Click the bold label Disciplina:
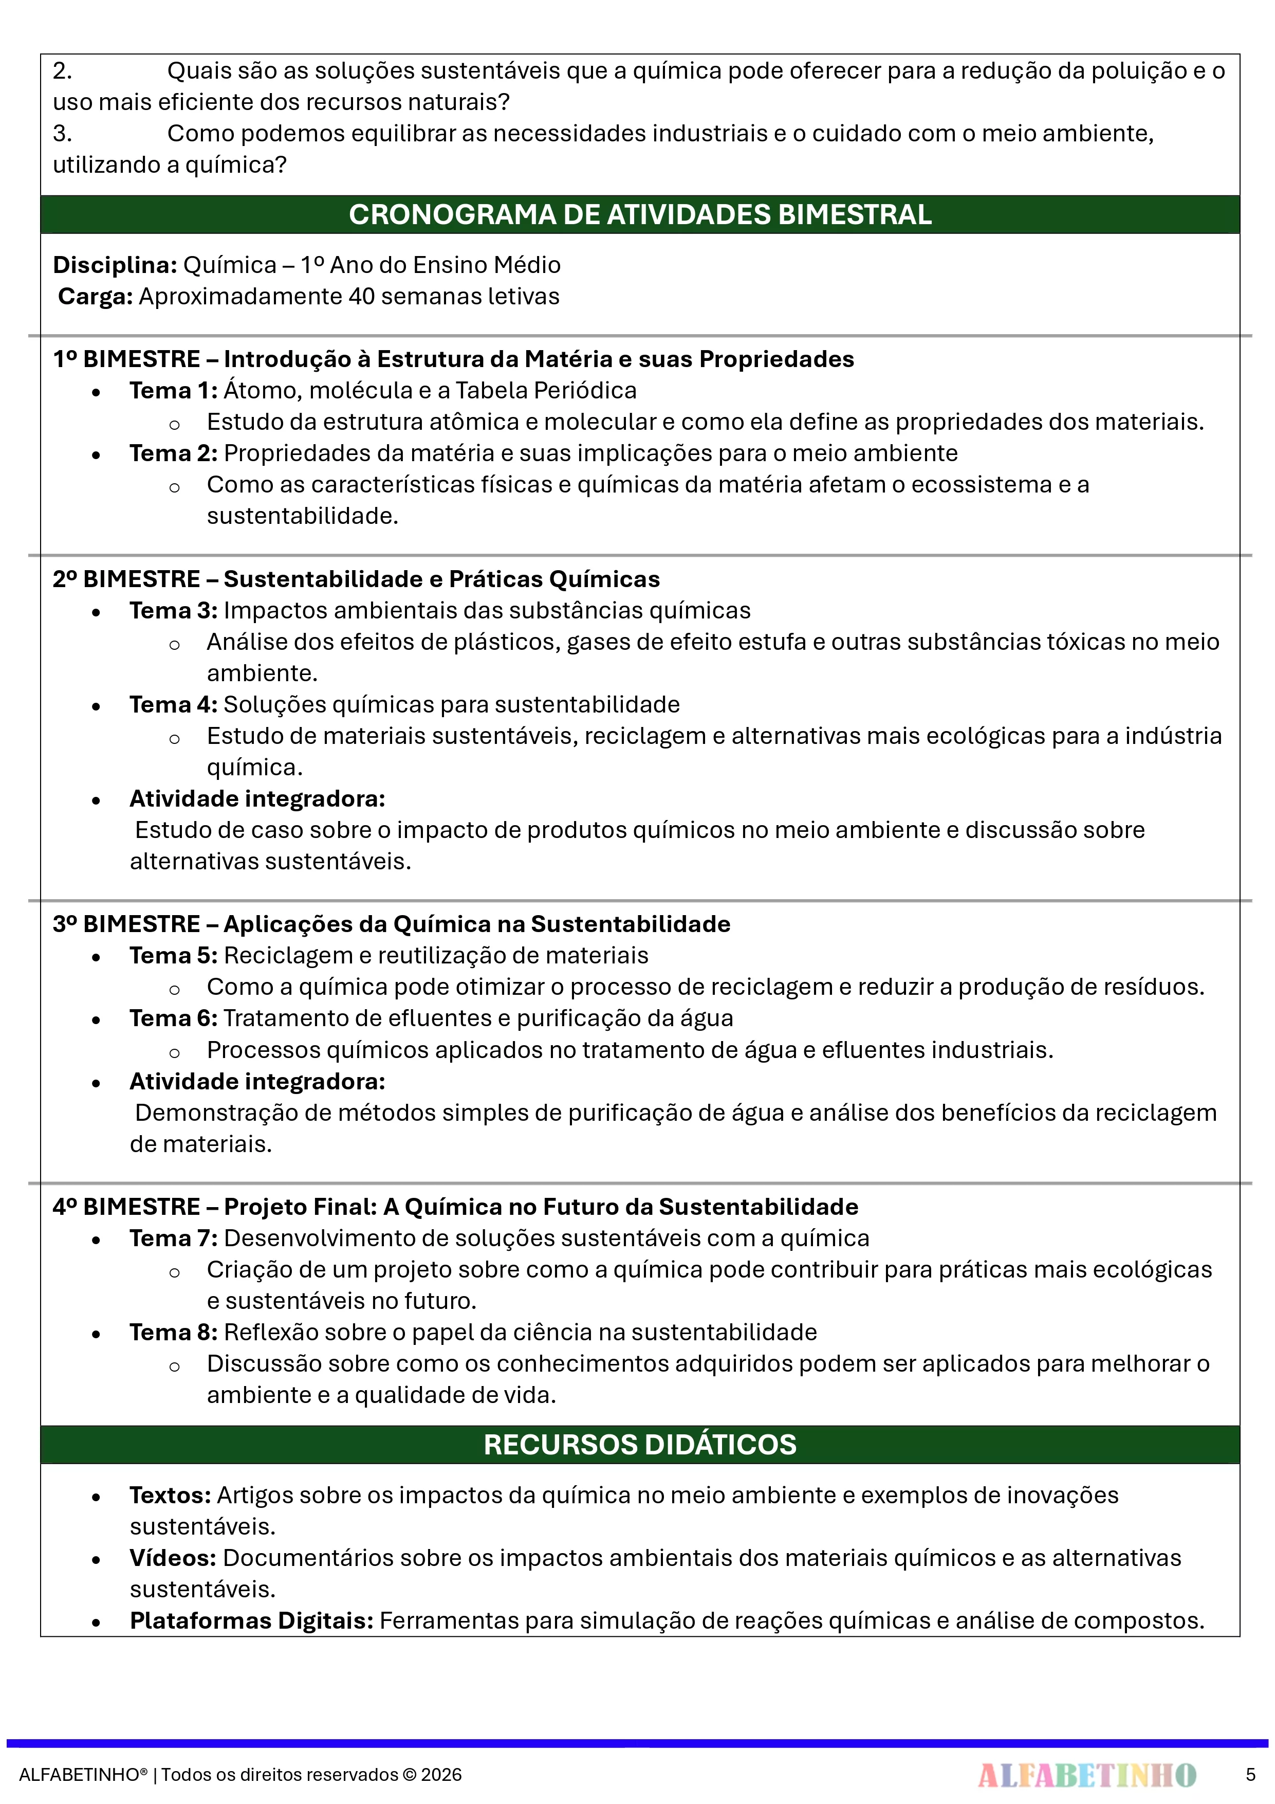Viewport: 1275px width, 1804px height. coord(115,265)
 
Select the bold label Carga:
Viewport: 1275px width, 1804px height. coord(95,296)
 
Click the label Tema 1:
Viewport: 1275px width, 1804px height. coord(173,391)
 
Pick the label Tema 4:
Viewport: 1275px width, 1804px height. coord(173,704)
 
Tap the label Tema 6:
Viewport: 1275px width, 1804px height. coord(173,1018)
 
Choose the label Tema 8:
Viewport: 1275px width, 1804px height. coord(173,1332)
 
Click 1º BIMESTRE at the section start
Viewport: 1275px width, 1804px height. coord(126,359)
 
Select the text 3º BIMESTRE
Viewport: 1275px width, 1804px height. coord(126,924)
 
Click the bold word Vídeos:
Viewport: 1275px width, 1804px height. coord(173,1557)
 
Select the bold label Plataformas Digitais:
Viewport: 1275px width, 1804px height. coord(251,1620)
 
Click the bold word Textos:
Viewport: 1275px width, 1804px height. coord(170,1495)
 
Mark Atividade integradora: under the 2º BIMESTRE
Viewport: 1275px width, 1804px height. coord(257,798)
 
